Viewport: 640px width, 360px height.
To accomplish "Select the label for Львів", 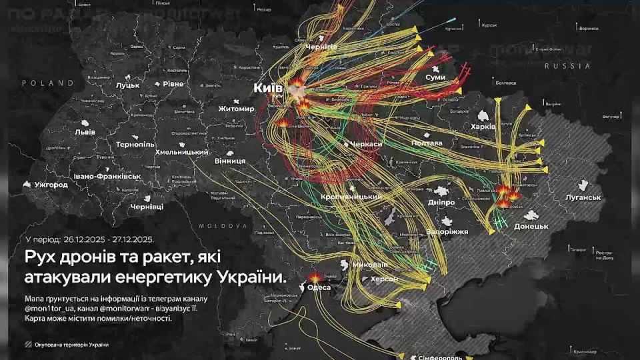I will [x=85, y=132].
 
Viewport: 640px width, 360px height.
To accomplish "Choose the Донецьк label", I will [x=531, y=227].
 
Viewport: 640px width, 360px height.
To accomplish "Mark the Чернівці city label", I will [x=147, y=207].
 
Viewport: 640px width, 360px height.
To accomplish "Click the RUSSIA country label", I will [x=567, y=66].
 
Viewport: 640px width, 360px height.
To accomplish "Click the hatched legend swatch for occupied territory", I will [x=27, y=345].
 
